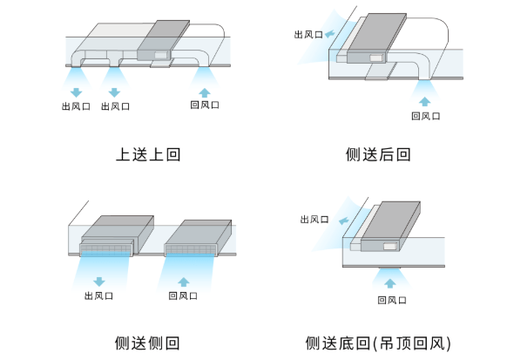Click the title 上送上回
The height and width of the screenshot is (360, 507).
pyautogui.click(x=148, y=154)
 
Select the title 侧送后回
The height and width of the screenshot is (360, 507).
pyautogui.click(x=378, y=154)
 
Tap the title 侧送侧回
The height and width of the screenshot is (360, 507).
pyautogui.click(x=147, y=343)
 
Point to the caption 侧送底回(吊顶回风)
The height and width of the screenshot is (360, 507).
pyautogui.click(x=378, y=343)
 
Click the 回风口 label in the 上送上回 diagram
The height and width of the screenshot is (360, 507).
pyautogui.click(x=205, y=105)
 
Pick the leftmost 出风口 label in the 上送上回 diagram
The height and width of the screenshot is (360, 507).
pyautogui.click(x=76, y=106)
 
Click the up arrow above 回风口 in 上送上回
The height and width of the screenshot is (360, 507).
pyautogui.click(x=205, y=92)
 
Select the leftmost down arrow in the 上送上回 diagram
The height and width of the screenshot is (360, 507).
pyautogui.click(x=77, y=92)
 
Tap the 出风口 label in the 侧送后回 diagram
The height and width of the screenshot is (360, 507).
pyautogui.click(x=308, y=35)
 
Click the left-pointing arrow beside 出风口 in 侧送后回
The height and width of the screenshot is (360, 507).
pyautogui.click(x=330, y=34)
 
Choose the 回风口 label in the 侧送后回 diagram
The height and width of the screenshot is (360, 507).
pyautogui.click(x=425, y=116)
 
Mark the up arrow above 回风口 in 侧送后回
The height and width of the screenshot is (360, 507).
pyautogui.click(x=424, y=101)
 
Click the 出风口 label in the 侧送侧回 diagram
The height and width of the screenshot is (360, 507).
pyautogui.click(x=98, y=295)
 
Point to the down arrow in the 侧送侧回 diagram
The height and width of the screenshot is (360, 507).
pyautogui.click(x=99, y=282)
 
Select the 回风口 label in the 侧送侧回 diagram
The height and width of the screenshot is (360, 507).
pyautogui.click(x=183, y=295)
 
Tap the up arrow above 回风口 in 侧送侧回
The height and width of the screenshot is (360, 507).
pyautogui.click(x=184, y=282)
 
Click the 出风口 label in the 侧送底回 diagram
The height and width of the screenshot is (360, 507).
pyautogui.click(x=314, y=220)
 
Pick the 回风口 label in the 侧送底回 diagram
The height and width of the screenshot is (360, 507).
pyautogui.click(x=392, y=300)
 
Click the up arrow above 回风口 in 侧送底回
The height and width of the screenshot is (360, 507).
pyautogui.click(x=390, y=283)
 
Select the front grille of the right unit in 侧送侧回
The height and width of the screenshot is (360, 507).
pyautogui.click(x=191, y=249)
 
